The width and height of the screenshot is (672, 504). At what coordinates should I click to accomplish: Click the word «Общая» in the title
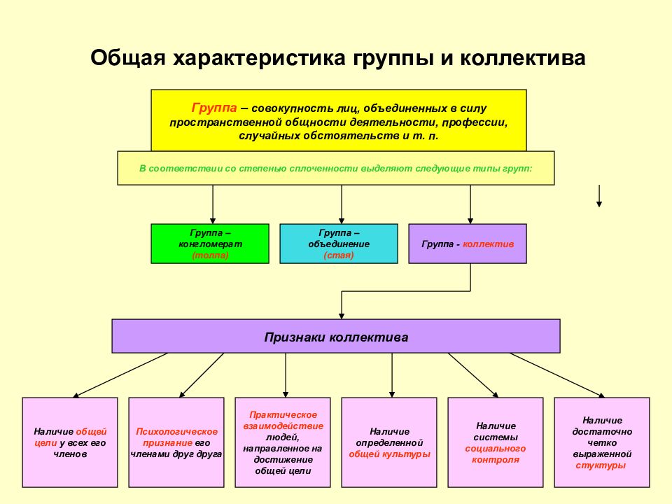[x=127, y=58]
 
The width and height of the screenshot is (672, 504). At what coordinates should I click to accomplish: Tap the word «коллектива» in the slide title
[x=523, y=58]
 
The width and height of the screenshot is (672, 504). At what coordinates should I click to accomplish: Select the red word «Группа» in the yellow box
[x=214, y=108]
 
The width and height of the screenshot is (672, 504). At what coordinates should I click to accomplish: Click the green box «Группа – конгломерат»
[x=210, y=244]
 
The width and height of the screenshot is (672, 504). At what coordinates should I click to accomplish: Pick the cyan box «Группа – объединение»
[x=339, y=244]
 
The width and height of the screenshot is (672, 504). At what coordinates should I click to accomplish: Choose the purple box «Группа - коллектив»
[x=468, y=244]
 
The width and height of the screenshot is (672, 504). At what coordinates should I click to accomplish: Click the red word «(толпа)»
[x=210, y=255]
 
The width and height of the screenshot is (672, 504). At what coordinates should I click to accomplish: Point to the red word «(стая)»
[x=339, y=255]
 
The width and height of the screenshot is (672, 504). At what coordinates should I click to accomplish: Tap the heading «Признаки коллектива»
[x=336, y=337]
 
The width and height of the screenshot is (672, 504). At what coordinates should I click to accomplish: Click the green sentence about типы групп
[x=335, y=169]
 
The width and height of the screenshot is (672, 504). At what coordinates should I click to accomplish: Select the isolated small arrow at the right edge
[x=599, y=196]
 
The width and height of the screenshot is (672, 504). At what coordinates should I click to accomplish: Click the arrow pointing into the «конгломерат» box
[x=213, y=204]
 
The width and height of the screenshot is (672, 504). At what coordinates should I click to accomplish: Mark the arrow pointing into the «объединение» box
[x=342, y=204]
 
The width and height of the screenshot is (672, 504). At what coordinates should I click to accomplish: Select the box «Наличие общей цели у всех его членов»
[x=70, y=442]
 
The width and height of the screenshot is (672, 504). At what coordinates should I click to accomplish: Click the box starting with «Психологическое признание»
[x=176, y=442]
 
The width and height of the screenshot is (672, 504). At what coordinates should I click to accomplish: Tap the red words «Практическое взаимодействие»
[x=283, y=421]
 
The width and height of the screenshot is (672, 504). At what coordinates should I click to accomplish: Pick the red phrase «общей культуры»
[x=389, y=454]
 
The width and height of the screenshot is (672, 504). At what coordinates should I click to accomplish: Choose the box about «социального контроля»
[x=496, y=442]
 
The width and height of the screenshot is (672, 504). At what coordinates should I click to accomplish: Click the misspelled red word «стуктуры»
[x=601, y=466]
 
